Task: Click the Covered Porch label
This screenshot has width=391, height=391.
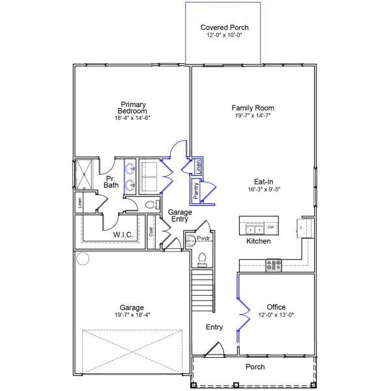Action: click(x=224, y=27)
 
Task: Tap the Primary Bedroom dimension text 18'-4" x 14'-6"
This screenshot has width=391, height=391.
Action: click(x=132, y=119)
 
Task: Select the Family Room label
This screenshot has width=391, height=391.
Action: click(x=253, y=108)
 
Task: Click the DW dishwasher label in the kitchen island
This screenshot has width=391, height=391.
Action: click(x=270, y=227)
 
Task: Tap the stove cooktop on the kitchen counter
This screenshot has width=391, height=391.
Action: click(x=273, y=265)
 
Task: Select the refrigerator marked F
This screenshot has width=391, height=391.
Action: click(x=304, y=228)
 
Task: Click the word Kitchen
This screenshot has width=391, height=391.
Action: click(x=258, y=241)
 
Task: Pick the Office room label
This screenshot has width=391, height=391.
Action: click(x=276, y=307)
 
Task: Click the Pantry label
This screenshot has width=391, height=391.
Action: click(x=195, y=191)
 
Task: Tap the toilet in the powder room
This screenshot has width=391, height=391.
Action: click(x=201, y=259)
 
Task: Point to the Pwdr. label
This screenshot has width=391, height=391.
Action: click(x=205, y=239)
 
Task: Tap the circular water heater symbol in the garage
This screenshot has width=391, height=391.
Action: click(x=83, y=259)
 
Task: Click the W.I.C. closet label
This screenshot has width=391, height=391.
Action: click(x=123, y=234)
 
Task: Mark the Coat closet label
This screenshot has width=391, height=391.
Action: click(x=151, y=231)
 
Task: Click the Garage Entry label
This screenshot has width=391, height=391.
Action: click(x=179, y=216)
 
